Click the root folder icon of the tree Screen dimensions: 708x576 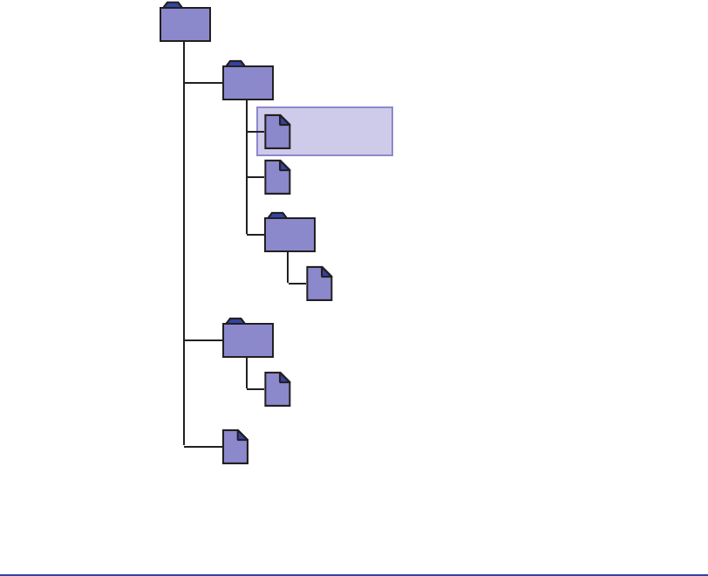tap(185, 25)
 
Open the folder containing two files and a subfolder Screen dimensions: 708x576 tap(248, 84)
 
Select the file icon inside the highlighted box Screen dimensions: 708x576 tap(277, 132)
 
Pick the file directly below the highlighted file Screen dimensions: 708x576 tap(277, 177)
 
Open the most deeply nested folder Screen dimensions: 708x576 tap(289, 236)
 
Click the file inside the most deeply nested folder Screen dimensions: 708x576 tap(319, 285)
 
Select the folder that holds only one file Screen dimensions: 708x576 tap(248, 340)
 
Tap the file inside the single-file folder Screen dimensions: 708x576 tap(277, 389)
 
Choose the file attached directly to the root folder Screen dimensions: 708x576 tap(235, 447)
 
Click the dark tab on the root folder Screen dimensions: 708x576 tap(172, 5)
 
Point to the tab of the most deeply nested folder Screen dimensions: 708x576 tap(277, 216)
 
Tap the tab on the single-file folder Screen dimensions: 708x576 tap(235, 322)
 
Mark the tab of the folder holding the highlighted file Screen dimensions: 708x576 tap(235, 65)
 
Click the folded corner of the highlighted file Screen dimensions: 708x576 tap(285, 119)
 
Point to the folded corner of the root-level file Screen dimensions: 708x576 tap(242, 434)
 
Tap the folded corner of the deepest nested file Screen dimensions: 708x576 tap(327, 271)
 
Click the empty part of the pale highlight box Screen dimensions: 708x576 tap(344, 132)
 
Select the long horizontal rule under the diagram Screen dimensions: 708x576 tap(354, 575)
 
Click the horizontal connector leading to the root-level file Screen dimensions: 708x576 tap(203, 446)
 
